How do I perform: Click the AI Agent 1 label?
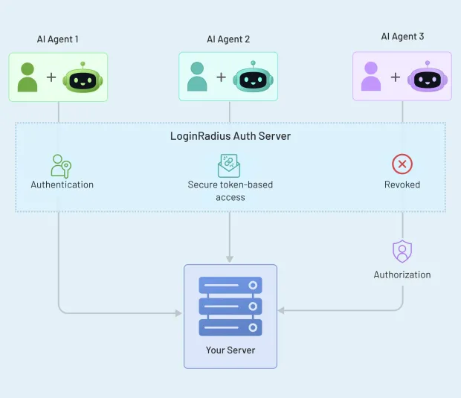pyautogui.click(x=58, y=39)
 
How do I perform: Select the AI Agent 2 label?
pyautogui.click(x=228, y=39)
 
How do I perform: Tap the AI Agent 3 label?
pyautogui.click(x=402, y=36)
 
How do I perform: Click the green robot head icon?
pyautogui.click(x=83, y=77)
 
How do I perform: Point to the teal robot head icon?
pyautogui.click(x=254, y=77)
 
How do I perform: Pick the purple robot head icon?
pyautogui.click(x=427, y=77)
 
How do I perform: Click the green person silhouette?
pyautogui.click(x=28, y=77)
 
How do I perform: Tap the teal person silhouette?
pyautogui.click(x=198, y=77)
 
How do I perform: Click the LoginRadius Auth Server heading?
pyautogui.click(x=230, y=136)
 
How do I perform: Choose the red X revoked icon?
pyautogui.click(x=402, y=164)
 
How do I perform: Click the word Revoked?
pyautogui.click(x=402, y=184)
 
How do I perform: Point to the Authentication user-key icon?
pyautogui.click(x=61, y=165)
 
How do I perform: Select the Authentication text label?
pyautogui.click(x=62, y=184)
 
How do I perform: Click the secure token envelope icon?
pyautogui.click(x=229, y=165)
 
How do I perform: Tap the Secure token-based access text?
pyautogui.click(x=229, y=191)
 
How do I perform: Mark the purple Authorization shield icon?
pyautogui.click(x=402, y=251)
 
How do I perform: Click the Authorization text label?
pyautogui.click(x=402, y=275)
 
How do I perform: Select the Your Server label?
pyautogui.click(x=230, y=350)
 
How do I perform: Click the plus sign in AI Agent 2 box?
pyautogui.click(x=221, y=77)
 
